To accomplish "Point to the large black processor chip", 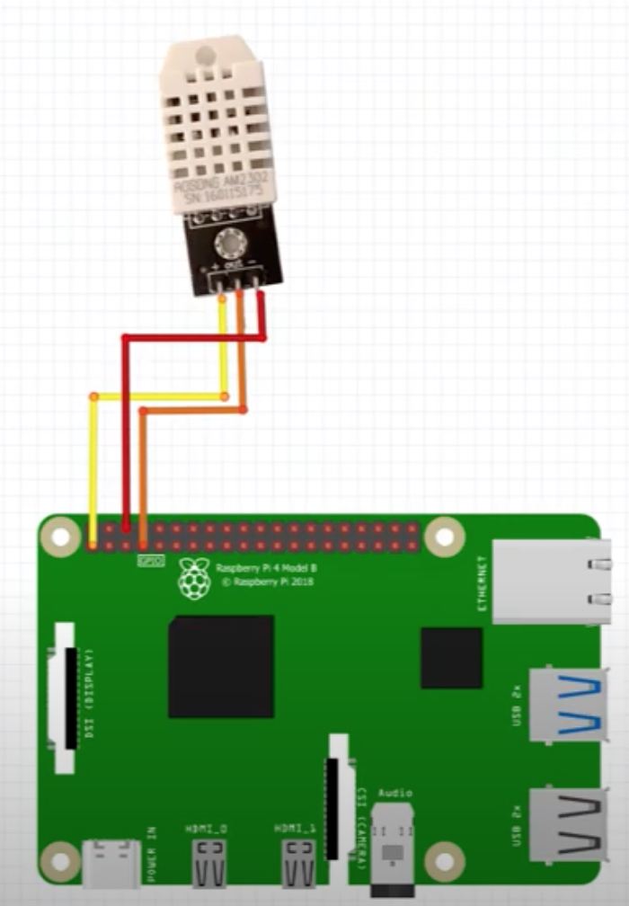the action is (220, 665).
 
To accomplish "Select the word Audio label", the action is (395, 793).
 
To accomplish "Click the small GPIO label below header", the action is (149, 561).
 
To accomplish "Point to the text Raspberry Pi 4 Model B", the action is (266, 569).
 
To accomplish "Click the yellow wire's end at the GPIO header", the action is (93, 543).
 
